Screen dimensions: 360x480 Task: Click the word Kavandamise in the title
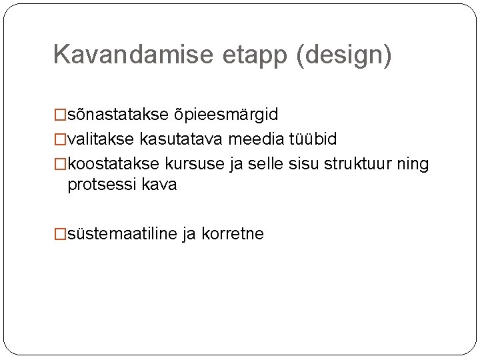[134, 55]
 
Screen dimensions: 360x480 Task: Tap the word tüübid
[313, 139]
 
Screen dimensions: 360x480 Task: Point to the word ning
[415, 164]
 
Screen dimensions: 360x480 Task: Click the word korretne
[233, 234]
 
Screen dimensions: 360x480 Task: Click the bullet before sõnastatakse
[60, 115]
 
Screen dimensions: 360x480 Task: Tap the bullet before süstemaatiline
[60, 234]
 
